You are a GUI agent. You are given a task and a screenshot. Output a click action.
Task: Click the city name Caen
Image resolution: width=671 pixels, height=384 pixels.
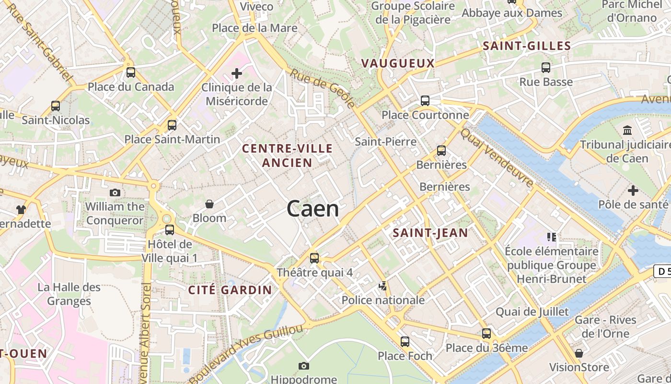point(312,209)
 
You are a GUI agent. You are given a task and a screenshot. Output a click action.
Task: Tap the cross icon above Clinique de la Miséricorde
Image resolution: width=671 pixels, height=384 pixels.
point(236,73)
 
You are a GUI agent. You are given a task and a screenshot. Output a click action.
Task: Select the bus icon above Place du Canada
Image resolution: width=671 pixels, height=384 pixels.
point(131,72)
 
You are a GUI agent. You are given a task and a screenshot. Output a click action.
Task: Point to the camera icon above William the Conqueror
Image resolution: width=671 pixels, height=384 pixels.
point(115,192)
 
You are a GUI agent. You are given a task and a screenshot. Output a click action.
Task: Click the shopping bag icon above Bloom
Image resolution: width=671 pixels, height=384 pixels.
point(209,204)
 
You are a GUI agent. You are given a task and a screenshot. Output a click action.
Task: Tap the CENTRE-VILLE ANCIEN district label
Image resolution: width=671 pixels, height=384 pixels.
point(287,156)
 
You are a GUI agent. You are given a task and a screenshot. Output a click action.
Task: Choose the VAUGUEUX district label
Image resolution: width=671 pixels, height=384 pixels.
point(398,63)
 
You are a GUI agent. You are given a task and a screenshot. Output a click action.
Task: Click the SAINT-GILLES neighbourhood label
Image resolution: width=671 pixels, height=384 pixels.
point(527,46)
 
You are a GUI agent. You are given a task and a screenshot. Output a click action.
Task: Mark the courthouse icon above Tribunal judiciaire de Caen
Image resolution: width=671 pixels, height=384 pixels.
point(627,130)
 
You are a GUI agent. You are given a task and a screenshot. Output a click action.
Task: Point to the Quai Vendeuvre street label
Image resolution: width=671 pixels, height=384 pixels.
point(497,157)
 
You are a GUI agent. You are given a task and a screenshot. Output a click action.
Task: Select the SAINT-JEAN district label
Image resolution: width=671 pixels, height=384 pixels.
point(430,233)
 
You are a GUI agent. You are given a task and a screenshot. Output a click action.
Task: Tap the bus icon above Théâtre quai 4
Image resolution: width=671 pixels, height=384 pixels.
point(314,258)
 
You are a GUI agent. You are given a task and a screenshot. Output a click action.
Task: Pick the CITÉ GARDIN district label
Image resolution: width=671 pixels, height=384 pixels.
point(230,290)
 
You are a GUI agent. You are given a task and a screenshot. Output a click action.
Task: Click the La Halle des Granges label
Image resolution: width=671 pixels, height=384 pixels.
point(69,294)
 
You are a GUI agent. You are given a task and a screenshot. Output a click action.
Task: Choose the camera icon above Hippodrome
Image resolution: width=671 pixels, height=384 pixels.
point(303,366)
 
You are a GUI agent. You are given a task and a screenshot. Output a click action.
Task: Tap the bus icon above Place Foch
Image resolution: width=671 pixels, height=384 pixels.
point(405,342)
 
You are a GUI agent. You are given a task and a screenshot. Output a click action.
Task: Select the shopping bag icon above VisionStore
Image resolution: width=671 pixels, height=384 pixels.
point(579,353)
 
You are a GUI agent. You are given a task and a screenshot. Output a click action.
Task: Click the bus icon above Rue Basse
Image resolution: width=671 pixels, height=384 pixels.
point(546,68)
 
